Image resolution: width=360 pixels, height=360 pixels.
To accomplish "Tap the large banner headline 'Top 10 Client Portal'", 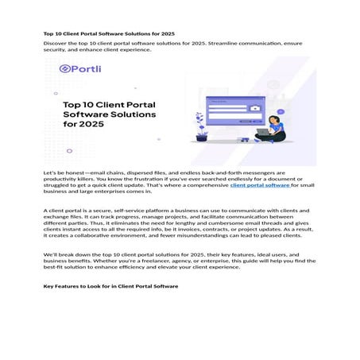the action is point(110,104).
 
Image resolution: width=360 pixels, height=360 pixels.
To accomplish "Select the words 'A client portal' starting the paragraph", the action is point(64,211).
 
